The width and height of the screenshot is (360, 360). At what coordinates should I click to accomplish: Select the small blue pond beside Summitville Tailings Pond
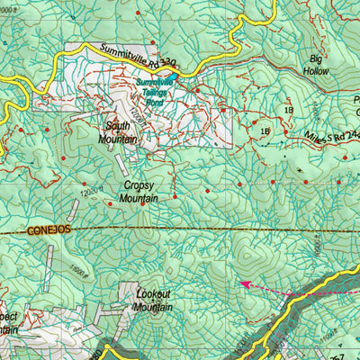(x=176, y=87)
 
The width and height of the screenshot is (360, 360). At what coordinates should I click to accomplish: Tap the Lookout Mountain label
(x=154, y=300)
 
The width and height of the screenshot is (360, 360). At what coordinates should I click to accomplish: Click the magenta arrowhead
(x=243, y=283)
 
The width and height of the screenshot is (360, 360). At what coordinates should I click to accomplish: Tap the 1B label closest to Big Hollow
(x=288, y=110)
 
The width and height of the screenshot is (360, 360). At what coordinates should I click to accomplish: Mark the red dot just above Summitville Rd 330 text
(x=151, y=41)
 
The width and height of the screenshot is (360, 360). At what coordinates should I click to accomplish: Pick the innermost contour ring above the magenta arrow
(x=256, y=258)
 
